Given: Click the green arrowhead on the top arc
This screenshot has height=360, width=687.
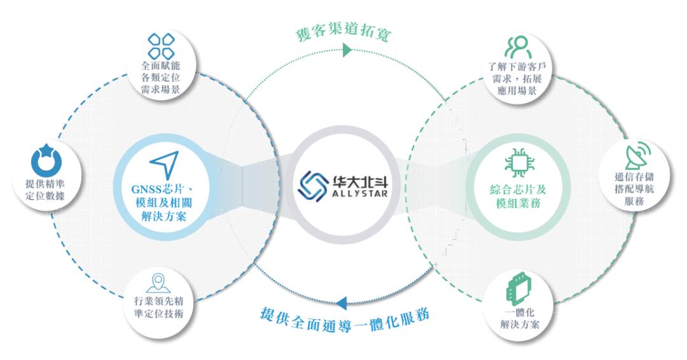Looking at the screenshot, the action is pyautogui.click(x=347, y=50).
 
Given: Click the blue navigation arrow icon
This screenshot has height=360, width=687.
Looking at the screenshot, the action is pyautogui.click(x=165, y=164).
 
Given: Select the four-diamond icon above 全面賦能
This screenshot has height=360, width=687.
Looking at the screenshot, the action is pyautogui.click(x=161, y=46).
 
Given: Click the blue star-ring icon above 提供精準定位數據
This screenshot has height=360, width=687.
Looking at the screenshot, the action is pyautogui.click(x=46, y=160).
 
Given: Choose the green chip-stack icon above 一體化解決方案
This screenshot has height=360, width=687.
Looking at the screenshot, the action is pyautogui.click(x=519, y=289).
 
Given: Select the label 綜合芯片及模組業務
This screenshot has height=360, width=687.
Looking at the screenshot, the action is pyautogui.click(x=518, y=196).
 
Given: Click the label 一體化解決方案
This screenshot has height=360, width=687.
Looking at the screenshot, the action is pyautogui.click(x=520, y=319).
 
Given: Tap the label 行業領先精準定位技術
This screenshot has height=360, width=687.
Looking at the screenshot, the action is pyautogui.click(x=158, y=307).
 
